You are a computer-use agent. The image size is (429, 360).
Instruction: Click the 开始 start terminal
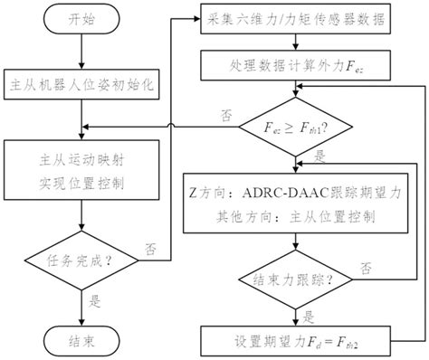[81, 19]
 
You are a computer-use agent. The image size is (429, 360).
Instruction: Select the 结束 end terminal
[81, 342]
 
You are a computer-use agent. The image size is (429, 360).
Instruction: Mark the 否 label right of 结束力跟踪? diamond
[367, 269]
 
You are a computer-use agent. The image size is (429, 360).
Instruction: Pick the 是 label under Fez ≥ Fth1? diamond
[319, 156]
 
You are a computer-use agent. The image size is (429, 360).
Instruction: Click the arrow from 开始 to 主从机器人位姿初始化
[81, 50]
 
